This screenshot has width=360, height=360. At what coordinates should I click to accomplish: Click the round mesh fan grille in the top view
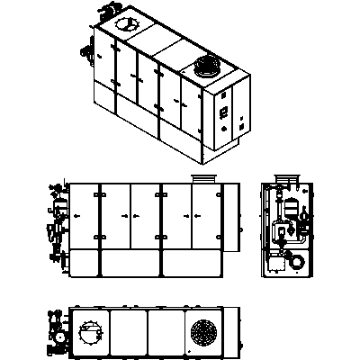(204, 332)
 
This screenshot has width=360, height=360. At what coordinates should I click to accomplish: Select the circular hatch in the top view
(91, 332)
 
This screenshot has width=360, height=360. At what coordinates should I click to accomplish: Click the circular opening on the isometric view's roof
(124, 26)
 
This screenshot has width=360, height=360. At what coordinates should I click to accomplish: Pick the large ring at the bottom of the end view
(294, 262)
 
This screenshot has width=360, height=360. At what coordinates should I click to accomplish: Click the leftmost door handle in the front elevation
(76, 217)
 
